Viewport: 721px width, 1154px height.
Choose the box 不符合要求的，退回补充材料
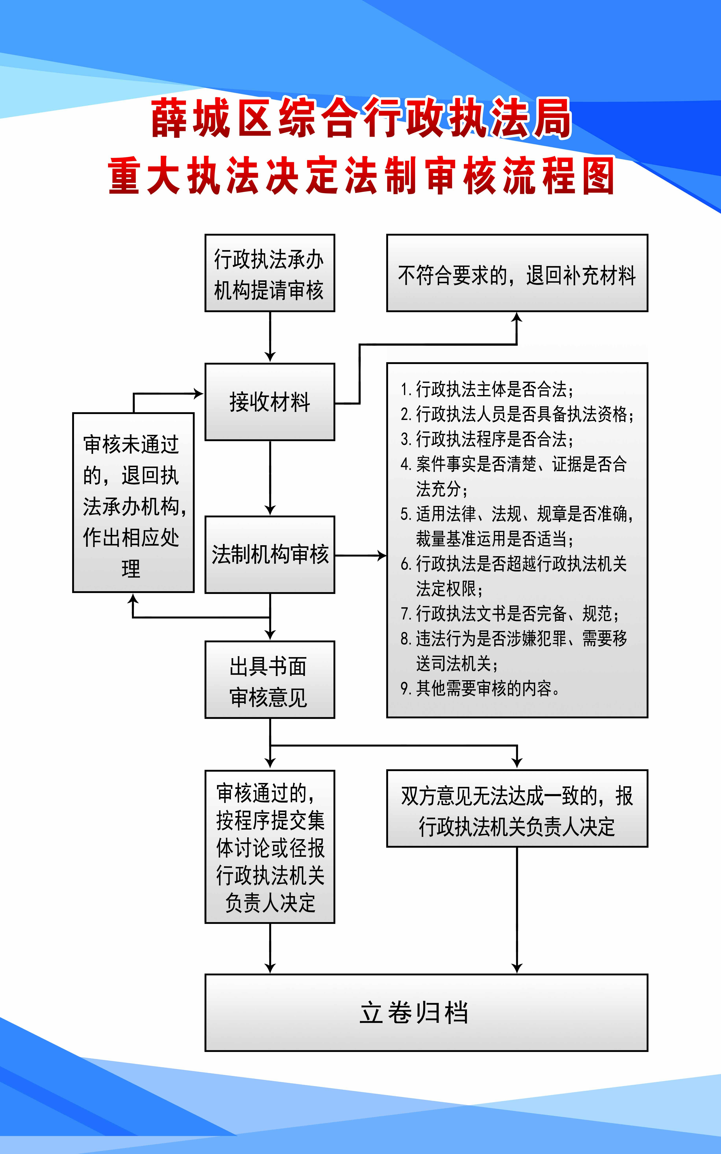(x=517, y=273)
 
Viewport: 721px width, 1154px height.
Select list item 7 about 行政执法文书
(x=510, y=614)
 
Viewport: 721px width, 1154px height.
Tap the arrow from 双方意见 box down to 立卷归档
(x=517, y=909)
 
